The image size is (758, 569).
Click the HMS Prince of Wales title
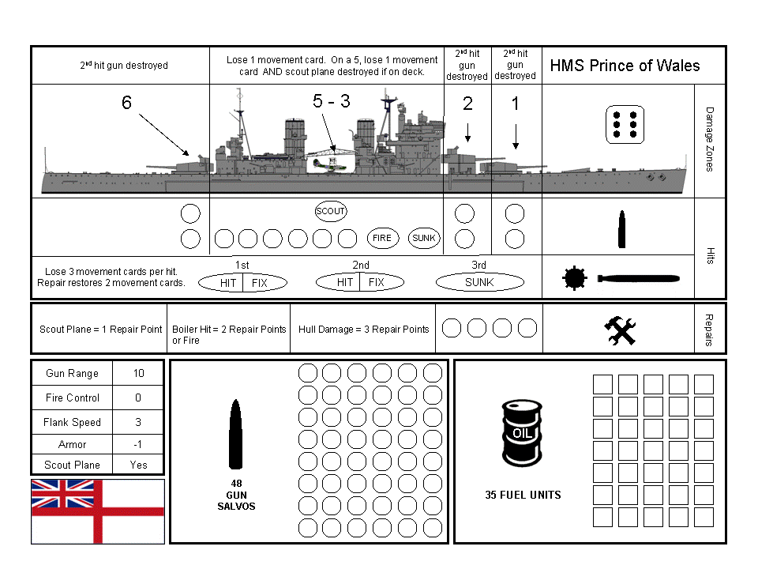point(625,65)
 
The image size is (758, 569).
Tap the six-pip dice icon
point(625,125)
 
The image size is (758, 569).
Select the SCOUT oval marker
point(330,211)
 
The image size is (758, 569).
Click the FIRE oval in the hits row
point(382,238)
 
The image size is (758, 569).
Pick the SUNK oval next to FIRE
point(425,238)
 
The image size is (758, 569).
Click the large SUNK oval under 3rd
point(479,282)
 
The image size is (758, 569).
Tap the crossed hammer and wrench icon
point(620,330)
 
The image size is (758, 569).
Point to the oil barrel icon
point(522,433)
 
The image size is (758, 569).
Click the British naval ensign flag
point(98,511)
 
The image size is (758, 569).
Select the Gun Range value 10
point(138,373)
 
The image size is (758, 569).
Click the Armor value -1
point(138,444)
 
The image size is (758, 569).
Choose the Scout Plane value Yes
point(138,465)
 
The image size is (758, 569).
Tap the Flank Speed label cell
point(72,422)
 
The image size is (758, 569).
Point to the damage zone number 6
point(126,103)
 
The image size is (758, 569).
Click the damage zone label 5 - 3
point(331,101)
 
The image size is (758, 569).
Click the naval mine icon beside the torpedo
point(574,279)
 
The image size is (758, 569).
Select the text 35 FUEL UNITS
point(523,495)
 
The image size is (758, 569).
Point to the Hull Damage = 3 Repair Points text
point(364,330)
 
